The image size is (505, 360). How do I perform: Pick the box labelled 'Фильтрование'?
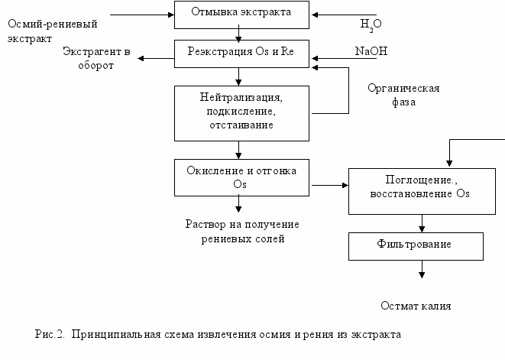coord(416,245)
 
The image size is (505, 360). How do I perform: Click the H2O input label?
coord(371,24)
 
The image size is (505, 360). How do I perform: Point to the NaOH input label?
coord(370,51)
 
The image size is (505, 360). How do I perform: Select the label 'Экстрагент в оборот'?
coord(97,59)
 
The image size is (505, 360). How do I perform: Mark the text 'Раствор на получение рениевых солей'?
coord(242,232)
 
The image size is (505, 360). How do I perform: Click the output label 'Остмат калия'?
coord(416,306)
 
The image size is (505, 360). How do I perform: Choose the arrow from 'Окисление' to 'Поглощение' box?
coord(329,185)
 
